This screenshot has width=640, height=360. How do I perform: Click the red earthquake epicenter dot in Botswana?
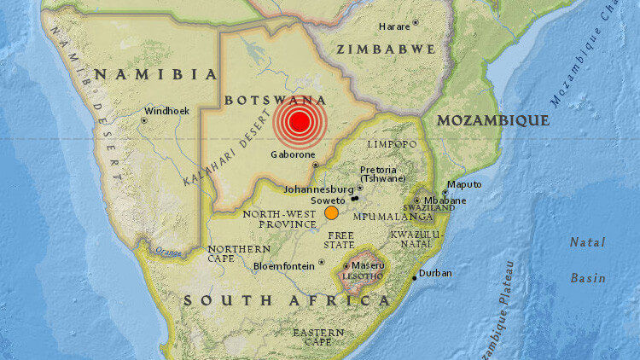point(299,122)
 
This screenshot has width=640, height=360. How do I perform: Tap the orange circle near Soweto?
point(331,213)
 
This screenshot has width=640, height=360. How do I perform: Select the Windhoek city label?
point(161,110)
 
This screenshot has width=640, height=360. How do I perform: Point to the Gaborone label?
point(292,154)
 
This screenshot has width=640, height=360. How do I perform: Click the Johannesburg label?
point(318,189)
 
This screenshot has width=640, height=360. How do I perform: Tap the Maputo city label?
point(465,184)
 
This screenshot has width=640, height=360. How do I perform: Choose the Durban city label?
point(435,273)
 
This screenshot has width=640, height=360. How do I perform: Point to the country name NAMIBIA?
point(156,74)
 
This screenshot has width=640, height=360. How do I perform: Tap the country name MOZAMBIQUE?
point(492,121)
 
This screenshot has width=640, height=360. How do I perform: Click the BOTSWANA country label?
point(276,100)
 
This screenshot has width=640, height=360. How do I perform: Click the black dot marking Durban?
point(416,277)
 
